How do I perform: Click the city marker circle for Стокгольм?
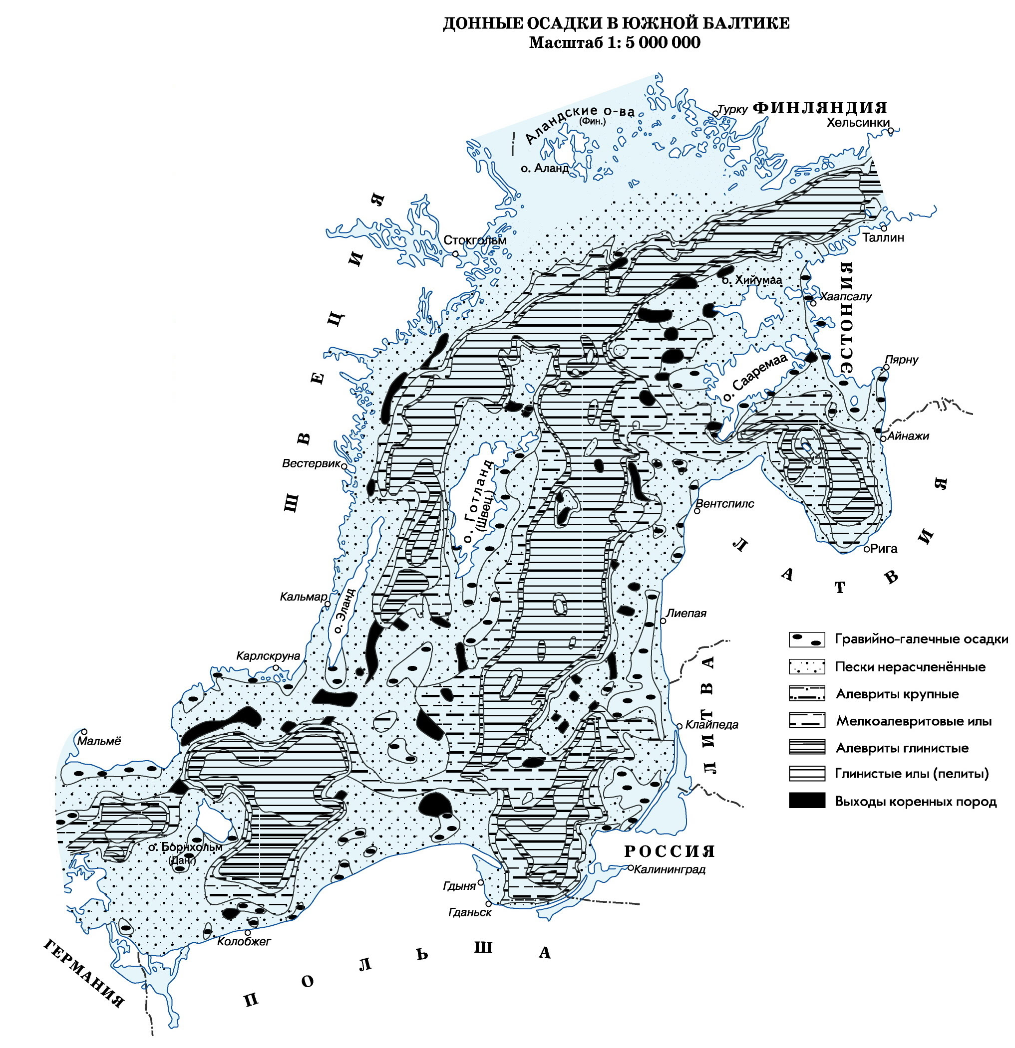point(455,253)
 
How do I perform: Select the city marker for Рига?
point(866,549)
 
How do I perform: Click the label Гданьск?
point(470,912)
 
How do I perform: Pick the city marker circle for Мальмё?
point(84,731)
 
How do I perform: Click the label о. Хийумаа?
point(752,280)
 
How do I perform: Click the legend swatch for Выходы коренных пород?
point(807,800)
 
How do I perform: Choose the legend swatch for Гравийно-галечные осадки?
point(807,639)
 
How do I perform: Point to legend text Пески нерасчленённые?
point(910,667)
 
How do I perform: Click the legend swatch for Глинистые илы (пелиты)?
point(807,773)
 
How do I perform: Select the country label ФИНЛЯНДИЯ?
point(820,107)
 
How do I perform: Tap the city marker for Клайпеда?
point(680,726)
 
